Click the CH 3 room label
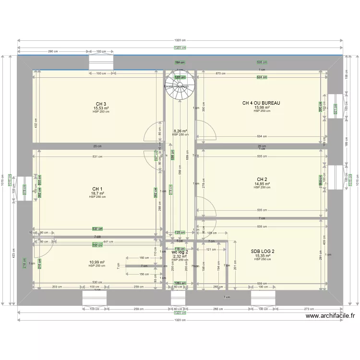(x=101, y=104)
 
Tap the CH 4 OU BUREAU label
(x=261, y=103)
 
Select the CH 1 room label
(x=97, y=189)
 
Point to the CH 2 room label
(x=262, y=180)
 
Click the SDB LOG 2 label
(x=263, y=252)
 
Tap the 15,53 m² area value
(x=101, y=108)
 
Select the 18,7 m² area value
(x=97, y=193)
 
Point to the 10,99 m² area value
(x=97, y=262)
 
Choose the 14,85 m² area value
(x=262, y=184)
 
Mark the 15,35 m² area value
(x=263, y=256)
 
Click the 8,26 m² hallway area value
(x=180, y=131)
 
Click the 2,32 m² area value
(x=180, y=256)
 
